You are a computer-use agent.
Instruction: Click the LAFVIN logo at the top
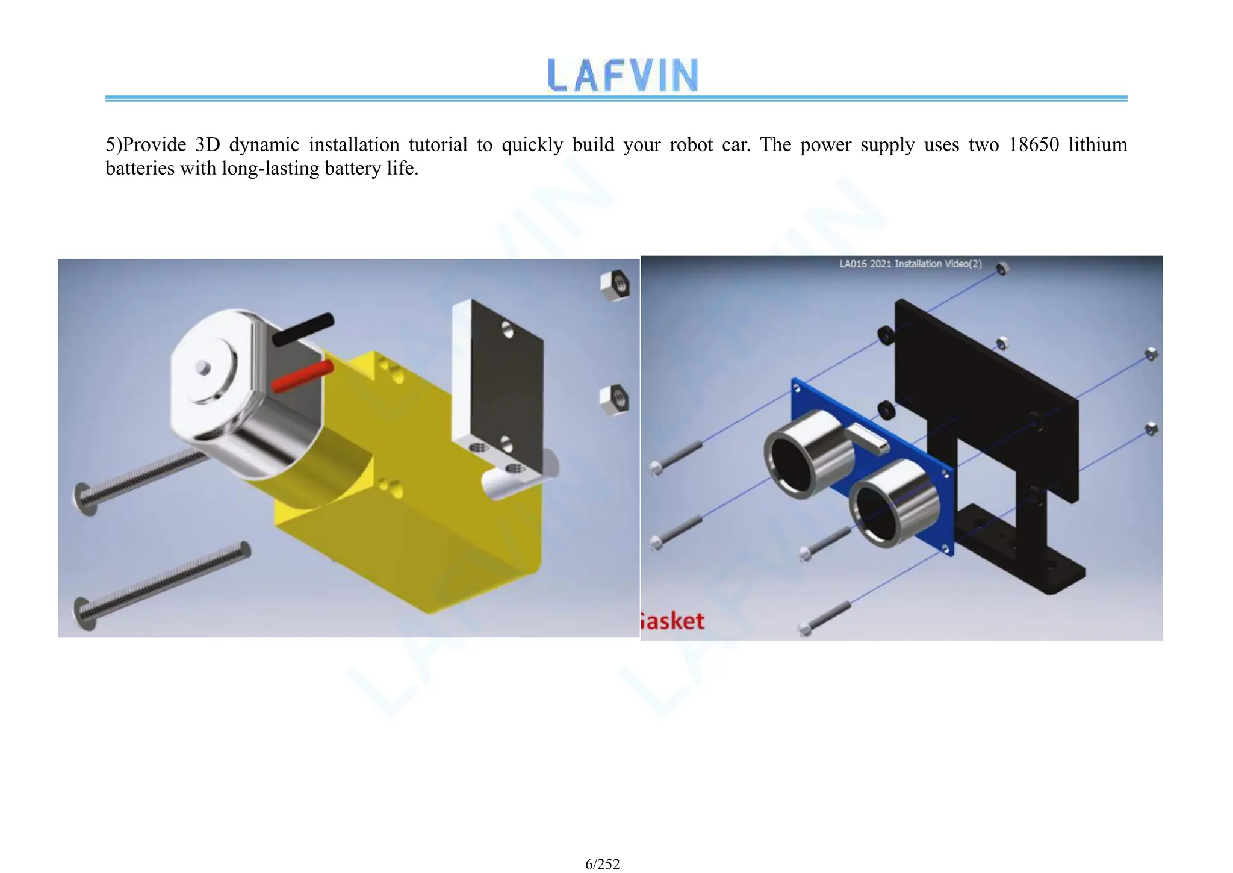(x=623, y=75)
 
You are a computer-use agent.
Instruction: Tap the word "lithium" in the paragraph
(x=1098, y=145)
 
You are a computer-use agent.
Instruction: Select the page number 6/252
(x=602, y=864)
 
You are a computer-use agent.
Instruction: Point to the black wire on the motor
(x=303, y=329)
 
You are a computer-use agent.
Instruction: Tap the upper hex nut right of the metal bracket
(x=615, y=284)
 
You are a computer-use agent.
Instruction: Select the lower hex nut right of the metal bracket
(x=614, y=400)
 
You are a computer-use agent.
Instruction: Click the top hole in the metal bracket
(x=508, y=329)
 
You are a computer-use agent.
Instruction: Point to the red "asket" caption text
(x=672, y=621)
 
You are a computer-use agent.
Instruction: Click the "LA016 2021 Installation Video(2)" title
(x=910, y=264)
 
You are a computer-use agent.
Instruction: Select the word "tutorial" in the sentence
(x=438, y=145)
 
